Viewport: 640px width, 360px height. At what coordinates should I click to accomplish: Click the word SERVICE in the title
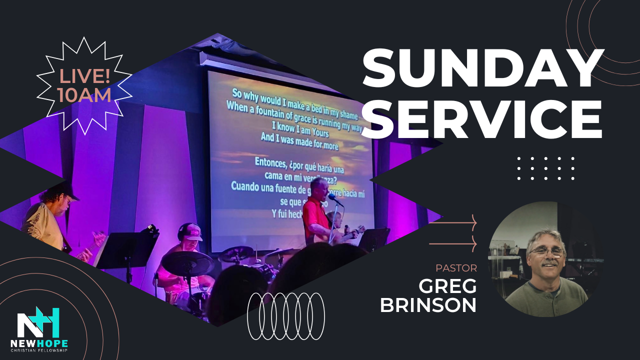[x=483, y=119]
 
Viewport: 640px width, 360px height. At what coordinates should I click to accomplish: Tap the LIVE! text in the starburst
[x=84, y=76]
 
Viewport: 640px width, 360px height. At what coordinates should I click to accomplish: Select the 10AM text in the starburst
[x=84, y=95]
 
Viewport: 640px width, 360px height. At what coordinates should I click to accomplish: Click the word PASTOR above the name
[x=456, y=268]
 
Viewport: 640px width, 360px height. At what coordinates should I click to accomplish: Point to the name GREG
[x=447, y=286]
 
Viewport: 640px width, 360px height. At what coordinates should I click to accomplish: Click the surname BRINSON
[x=428, y=305]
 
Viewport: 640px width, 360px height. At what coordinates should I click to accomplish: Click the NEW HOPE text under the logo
[x=39, y=344]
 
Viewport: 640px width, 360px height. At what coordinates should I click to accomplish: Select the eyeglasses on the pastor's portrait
[x=547, y=251]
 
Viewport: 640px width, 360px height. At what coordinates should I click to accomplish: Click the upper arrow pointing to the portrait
[x=453, y=222]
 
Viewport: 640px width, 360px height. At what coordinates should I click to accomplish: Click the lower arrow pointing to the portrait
[x=453, y=243]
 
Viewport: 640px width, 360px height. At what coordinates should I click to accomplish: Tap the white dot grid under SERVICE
[x=545, y=168]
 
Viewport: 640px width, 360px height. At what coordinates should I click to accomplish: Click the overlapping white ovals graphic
[x=286, y=316]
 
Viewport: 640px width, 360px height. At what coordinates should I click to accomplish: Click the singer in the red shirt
[x=315, y=215]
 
